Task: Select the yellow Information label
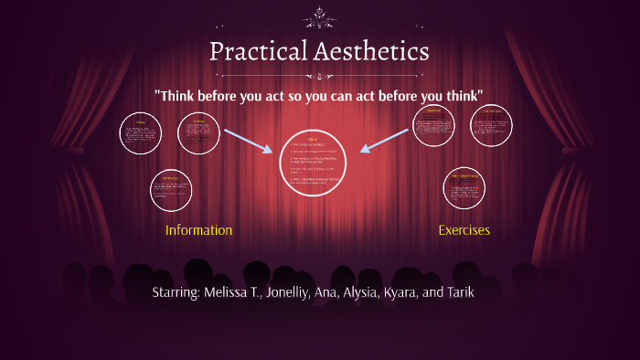[198, 230]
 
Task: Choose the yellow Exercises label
[464, 230]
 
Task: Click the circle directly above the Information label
[171, 189]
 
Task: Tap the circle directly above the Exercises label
[464, 188]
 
